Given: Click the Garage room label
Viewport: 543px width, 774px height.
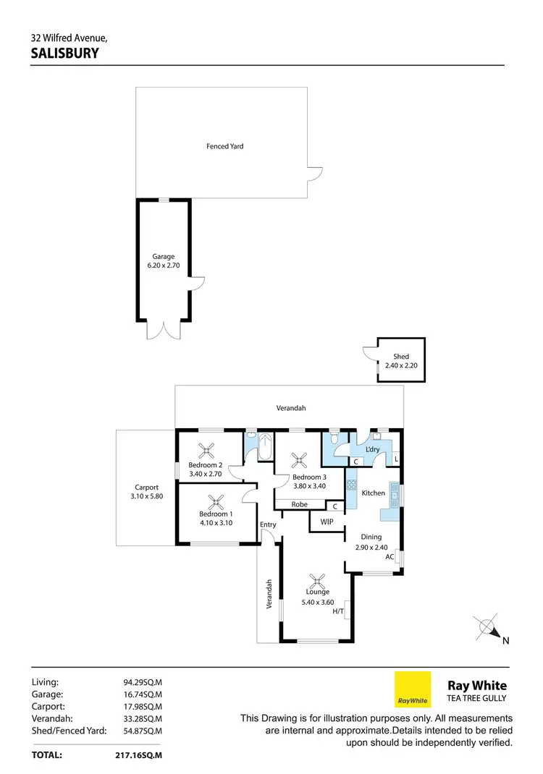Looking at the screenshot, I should pyautogui.click(x=163, y=256).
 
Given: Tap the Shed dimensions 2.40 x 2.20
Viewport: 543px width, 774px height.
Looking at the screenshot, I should pyautogui.click(x=401, y=366).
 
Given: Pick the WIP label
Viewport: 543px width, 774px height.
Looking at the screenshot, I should pyautogui.click(x=326, y=521).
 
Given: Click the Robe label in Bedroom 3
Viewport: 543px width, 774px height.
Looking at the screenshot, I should pyautogui.click(x=300, y=504).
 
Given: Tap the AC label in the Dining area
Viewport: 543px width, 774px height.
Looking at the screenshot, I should pyautogui.click(x=390, y=557).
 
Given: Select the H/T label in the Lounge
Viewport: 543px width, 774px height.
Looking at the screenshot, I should pyautogui.click(x=338, y=612).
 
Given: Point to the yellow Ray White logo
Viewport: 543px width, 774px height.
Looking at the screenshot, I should pyautogui.click(x=412, y=689).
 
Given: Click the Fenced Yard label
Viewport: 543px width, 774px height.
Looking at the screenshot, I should pyautogui.click(x=224, y=146).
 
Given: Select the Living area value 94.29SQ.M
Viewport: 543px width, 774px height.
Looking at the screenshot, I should pyautogui.click(x=143, y=681).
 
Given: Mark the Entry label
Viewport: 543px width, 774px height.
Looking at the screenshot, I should pyautogui.click(x=268, y=524).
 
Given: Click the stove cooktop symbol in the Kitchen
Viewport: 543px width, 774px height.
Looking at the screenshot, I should pyautogui.click(x=352, y=485).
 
